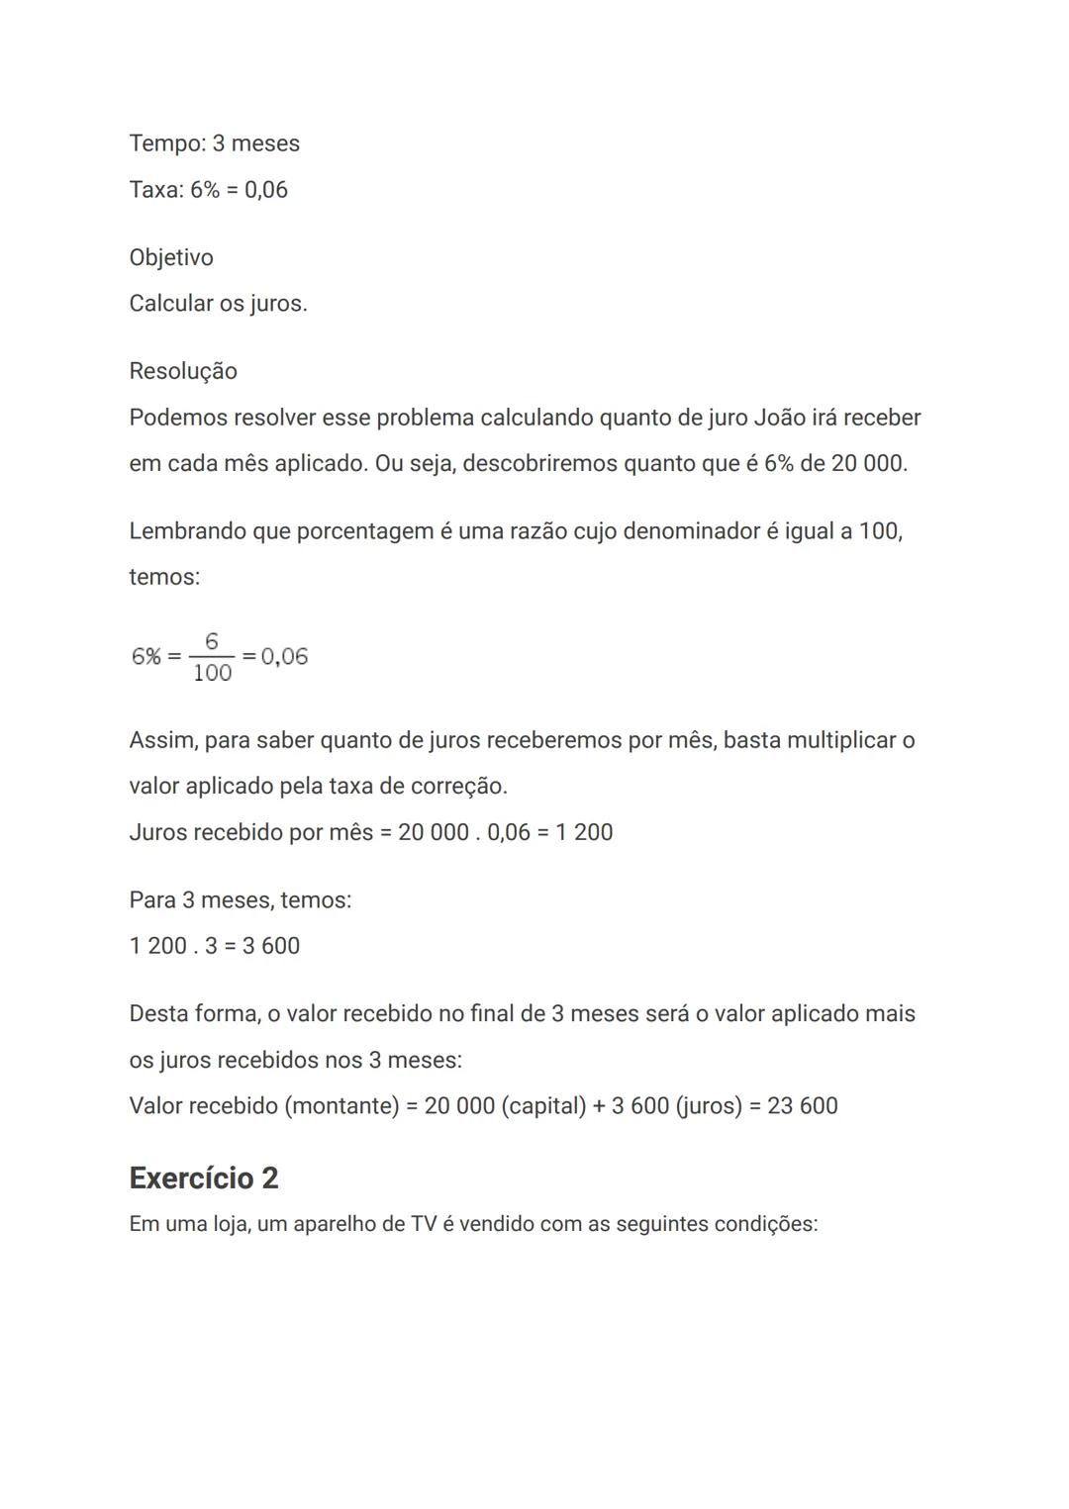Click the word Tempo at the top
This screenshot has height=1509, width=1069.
click(165, 143)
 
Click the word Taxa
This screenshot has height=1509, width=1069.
click(153, 190)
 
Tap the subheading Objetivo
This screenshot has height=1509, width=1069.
click(171, 258)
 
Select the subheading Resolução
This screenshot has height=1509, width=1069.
click(183, 371)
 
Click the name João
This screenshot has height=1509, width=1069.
click(779, 418)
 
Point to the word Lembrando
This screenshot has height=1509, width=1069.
click(186, 531)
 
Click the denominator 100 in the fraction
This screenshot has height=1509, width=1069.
click(212, 674)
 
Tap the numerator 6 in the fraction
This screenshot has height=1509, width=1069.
click(212, 642)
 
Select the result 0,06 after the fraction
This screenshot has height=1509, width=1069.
click(284, 657)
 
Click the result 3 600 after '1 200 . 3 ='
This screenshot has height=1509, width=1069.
click(271, 946)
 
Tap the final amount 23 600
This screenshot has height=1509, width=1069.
click(802, 1105)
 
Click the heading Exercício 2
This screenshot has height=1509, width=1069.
click(204, 1178)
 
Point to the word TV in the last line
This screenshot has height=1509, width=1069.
click(423, 1224)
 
